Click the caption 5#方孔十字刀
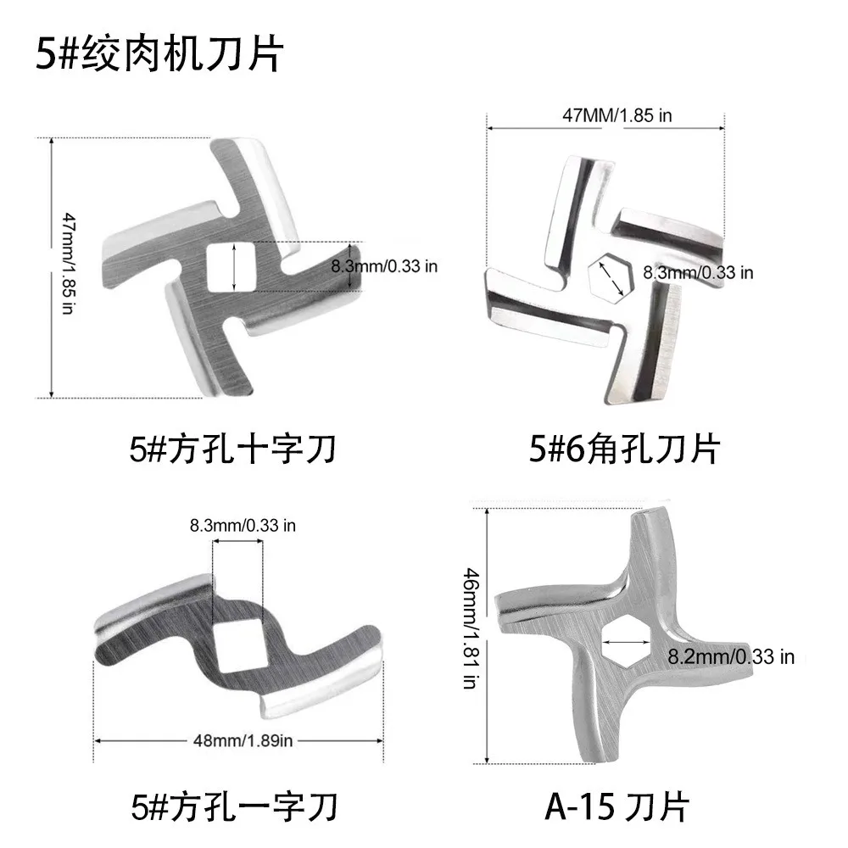pos(232,449)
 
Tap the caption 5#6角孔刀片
pos(624,449)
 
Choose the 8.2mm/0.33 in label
pos(731,656)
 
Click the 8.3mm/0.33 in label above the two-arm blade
pos(243,525)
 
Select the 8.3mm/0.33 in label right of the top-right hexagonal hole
pos(698,273)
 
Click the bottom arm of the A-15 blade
pos(601,729)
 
